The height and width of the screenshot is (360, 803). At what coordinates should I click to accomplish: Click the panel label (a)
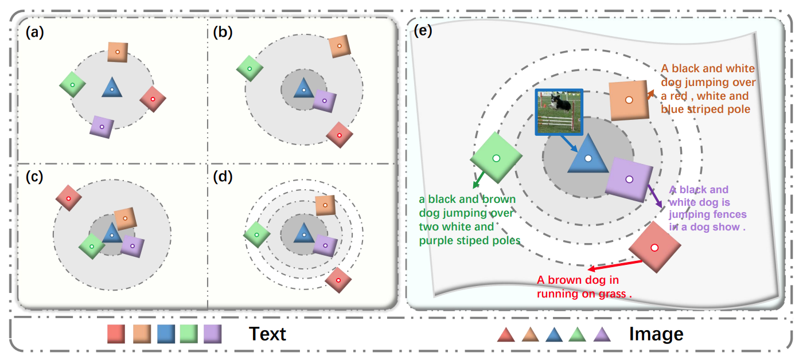(34, 33)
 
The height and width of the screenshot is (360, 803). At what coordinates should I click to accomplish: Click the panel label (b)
(223, 33)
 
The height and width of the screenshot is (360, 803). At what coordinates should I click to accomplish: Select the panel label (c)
(34, 177)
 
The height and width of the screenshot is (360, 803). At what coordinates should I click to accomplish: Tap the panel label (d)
(223, 177)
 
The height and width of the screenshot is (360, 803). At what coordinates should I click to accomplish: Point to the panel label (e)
(424, 32)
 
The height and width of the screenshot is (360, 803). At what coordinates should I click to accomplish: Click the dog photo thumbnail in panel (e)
(559, 112)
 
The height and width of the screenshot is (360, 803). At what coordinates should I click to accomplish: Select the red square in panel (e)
(654, 247)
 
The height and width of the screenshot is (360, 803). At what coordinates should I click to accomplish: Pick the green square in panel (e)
(497, 158)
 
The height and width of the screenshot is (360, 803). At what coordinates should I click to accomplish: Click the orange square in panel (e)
(629, 100)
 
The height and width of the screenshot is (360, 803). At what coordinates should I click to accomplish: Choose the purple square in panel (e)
(629, 179)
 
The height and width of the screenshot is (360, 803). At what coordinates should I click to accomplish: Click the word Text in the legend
(267, 334)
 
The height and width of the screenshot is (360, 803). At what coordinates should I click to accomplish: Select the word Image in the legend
(656, 334)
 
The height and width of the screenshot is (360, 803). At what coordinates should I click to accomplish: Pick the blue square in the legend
(166, 334)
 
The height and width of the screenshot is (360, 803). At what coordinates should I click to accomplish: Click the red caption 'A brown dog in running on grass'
(584, 287)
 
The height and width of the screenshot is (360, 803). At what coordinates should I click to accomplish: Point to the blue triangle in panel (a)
(112, 88)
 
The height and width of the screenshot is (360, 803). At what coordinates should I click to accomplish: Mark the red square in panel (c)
(68, 198)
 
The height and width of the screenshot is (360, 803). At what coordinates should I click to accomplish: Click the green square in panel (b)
(250, 68)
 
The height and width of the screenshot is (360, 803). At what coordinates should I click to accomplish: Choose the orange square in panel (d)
(325, 205)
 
